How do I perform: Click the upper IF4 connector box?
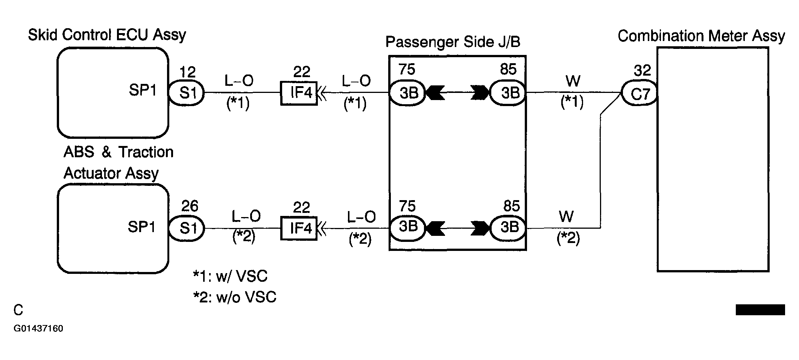click(299, 93)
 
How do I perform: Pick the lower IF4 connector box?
click(299, 228)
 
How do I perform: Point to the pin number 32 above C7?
click(642, 70)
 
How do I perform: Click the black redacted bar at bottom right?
click(760, 310)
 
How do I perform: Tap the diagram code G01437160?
click(38, 328)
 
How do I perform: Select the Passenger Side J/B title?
click(453, 42)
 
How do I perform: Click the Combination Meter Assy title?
click(701, 36)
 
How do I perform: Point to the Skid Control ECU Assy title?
click(107, 35)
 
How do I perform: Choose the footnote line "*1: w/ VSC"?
click(230, 276)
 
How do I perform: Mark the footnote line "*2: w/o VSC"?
click(235, 297)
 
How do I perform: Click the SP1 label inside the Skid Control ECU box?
click(143, 90)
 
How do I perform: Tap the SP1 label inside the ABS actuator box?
click(141, 227)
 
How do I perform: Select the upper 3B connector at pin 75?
click(407, 93)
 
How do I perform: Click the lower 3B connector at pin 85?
click(508, 228)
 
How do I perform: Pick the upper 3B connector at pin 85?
click(508, 93)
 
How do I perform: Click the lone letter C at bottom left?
click(18, 310)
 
